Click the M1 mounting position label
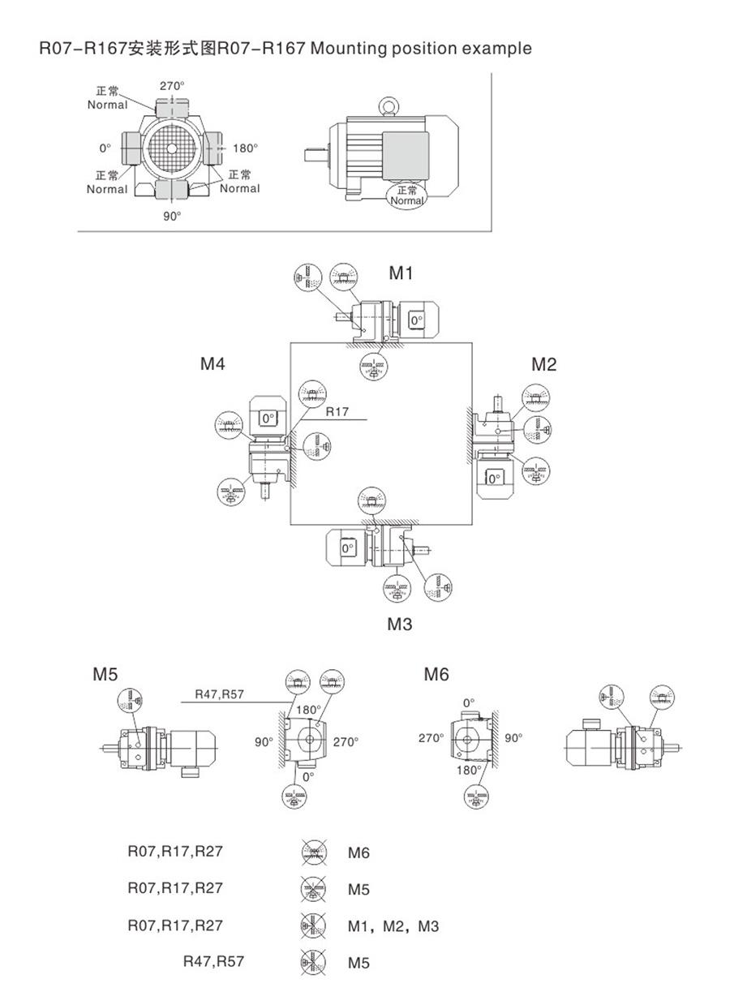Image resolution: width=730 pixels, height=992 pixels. (401, 273)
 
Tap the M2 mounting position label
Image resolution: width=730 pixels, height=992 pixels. (543, 364)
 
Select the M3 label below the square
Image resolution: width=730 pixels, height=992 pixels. (400, 624)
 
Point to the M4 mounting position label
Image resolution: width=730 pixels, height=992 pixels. (213, 363)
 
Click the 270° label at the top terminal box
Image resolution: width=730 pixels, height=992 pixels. (172, 86)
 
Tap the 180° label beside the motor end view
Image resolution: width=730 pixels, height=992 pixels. (245, 148)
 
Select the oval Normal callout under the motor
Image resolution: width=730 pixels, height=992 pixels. (407, 195)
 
